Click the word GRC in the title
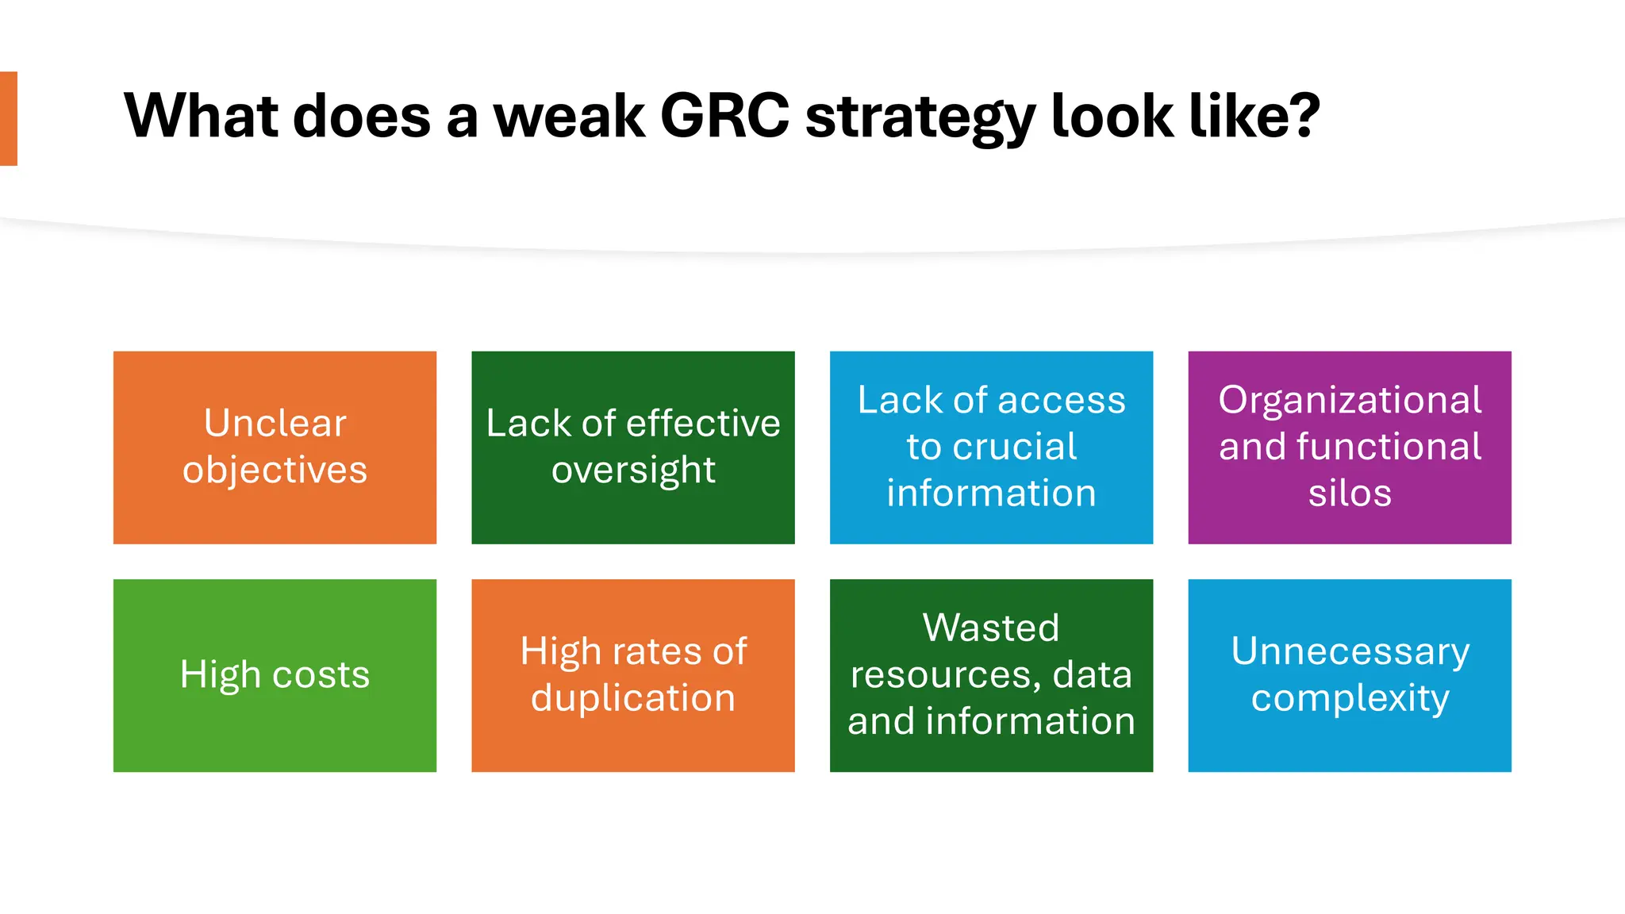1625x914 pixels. [x=724, y=117]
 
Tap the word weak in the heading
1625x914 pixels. [x=569, y=117]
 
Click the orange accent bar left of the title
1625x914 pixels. [x=9, y=118]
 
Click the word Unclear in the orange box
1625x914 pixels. [x=275, y=423]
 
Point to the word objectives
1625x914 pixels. [x=275, y=470]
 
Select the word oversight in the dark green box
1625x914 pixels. [x=633, y=470]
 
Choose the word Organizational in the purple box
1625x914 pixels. [x=1350, y=400]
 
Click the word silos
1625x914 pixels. [x=1350, y=493]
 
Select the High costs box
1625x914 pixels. [x=275, y=675]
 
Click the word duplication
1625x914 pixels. [x=633, y=698]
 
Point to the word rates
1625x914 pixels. [x=657, y=651]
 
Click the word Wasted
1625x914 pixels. [x=991, y=628]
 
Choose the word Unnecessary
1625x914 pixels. [x=1350, y=651]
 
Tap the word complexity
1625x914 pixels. [x=1350, y=698]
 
